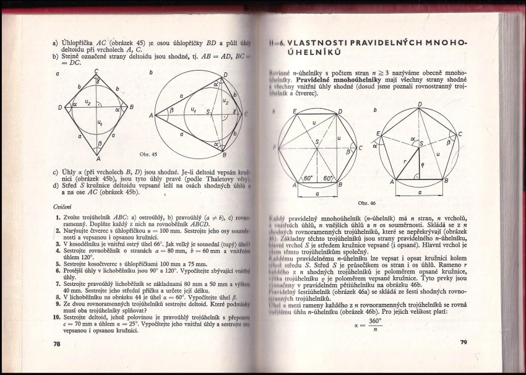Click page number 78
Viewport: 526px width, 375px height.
(57, 343)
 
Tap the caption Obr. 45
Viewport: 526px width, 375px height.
(149, 154)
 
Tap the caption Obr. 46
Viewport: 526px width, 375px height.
(367, 202)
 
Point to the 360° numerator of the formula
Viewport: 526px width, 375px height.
(376, 321)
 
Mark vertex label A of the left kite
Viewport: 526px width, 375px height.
(97, 158)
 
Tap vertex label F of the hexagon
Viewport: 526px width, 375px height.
(274, 147)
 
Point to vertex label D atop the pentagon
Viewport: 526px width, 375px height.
(420, 105)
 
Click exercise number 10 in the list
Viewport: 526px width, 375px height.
(57, 315)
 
